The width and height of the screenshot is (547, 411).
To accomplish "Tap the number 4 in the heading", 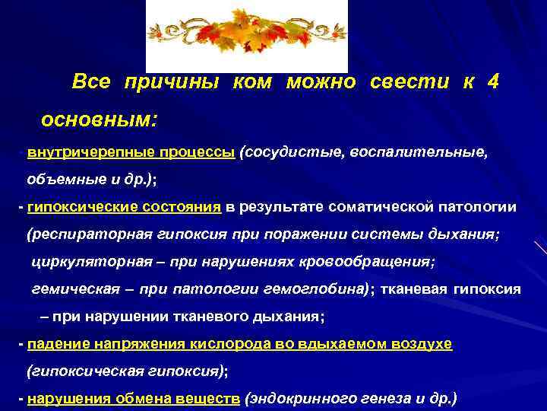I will (x=493, y=83).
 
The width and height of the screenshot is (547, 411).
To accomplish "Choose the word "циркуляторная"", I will (x=82, y=262).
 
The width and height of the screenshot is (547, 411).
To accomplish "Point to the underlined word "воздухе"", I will (x=422, y=344).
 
